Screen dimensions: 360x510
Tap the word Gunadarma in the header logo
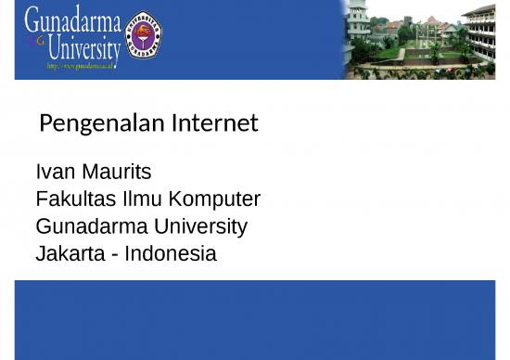pos(72,19)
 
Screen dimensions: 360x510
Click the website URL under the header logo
pos(83,67)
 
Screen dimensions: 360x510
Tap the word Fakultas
pos(73,199)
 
